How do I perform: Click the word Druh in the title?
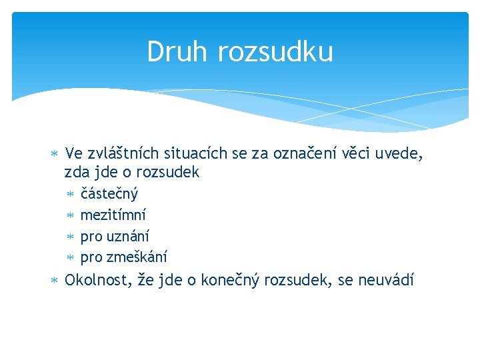click(x=173, y=52)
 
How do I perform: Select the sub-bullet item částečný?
click(x=109, y=194)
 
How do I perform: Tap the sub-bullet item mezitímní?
click(x=113, y=215)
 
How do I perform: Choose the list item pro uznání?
click(x=115, y=236)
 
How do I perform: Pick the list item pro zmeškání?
click(x=123, y=257)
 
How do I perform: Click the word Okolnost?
click(x=95, y=280)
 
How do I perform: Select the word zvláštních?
click(x=119, y=155)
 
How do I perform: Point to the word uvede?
click(x=403, y=155)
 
